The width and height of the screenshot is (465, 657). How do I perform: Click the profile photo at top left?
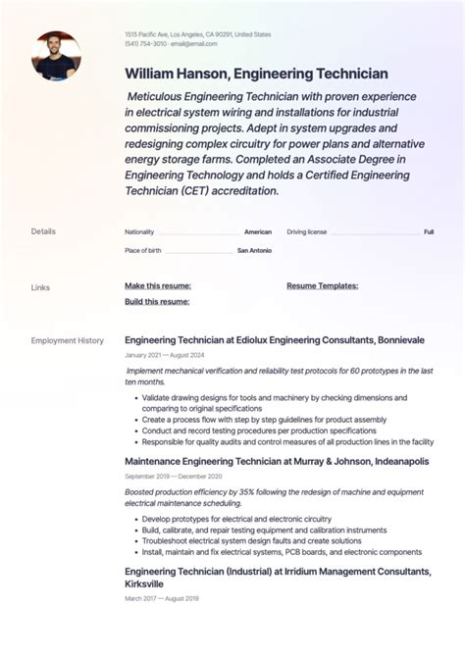56,55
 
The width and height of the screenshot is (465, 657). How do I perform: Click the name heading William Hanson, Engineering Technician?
256,74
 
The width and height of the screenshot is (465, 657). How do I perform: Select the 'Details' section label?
43,231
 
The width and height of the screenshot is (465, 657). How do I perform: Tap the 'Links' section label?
40,287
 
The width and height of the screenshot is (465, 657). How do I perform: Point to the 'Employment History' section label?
67,340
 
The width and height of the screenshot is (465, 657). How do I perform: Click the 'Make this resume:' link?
157,286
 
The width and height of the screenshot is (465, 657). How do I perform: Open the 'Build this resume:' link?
157,301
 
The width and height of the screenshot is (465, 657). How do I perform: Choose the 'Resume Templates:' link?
322,286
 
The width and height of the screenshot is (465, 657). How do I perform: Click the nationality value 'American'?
258,232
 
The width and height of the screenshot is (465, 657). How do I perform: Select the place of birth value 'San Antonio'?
254,251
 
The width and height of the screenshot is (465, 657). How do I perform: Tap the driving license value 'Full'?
429,232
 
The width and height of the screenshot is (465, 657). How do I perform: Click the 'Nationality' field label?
139,232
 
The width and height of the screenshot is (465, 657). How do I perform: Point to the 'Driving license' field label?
307,232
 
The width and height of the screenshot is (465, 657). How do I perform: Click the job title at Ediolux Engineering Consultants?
275,340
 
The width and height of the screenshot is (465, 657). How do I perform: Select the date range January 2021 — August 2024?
164,355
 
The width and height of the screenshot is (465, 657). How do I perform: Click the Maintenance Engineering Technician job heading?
277,461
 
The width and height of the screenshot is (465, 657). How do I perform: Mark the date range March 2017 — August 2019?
161,598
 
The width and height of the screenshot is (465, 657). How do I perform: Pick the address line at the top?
197,34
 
